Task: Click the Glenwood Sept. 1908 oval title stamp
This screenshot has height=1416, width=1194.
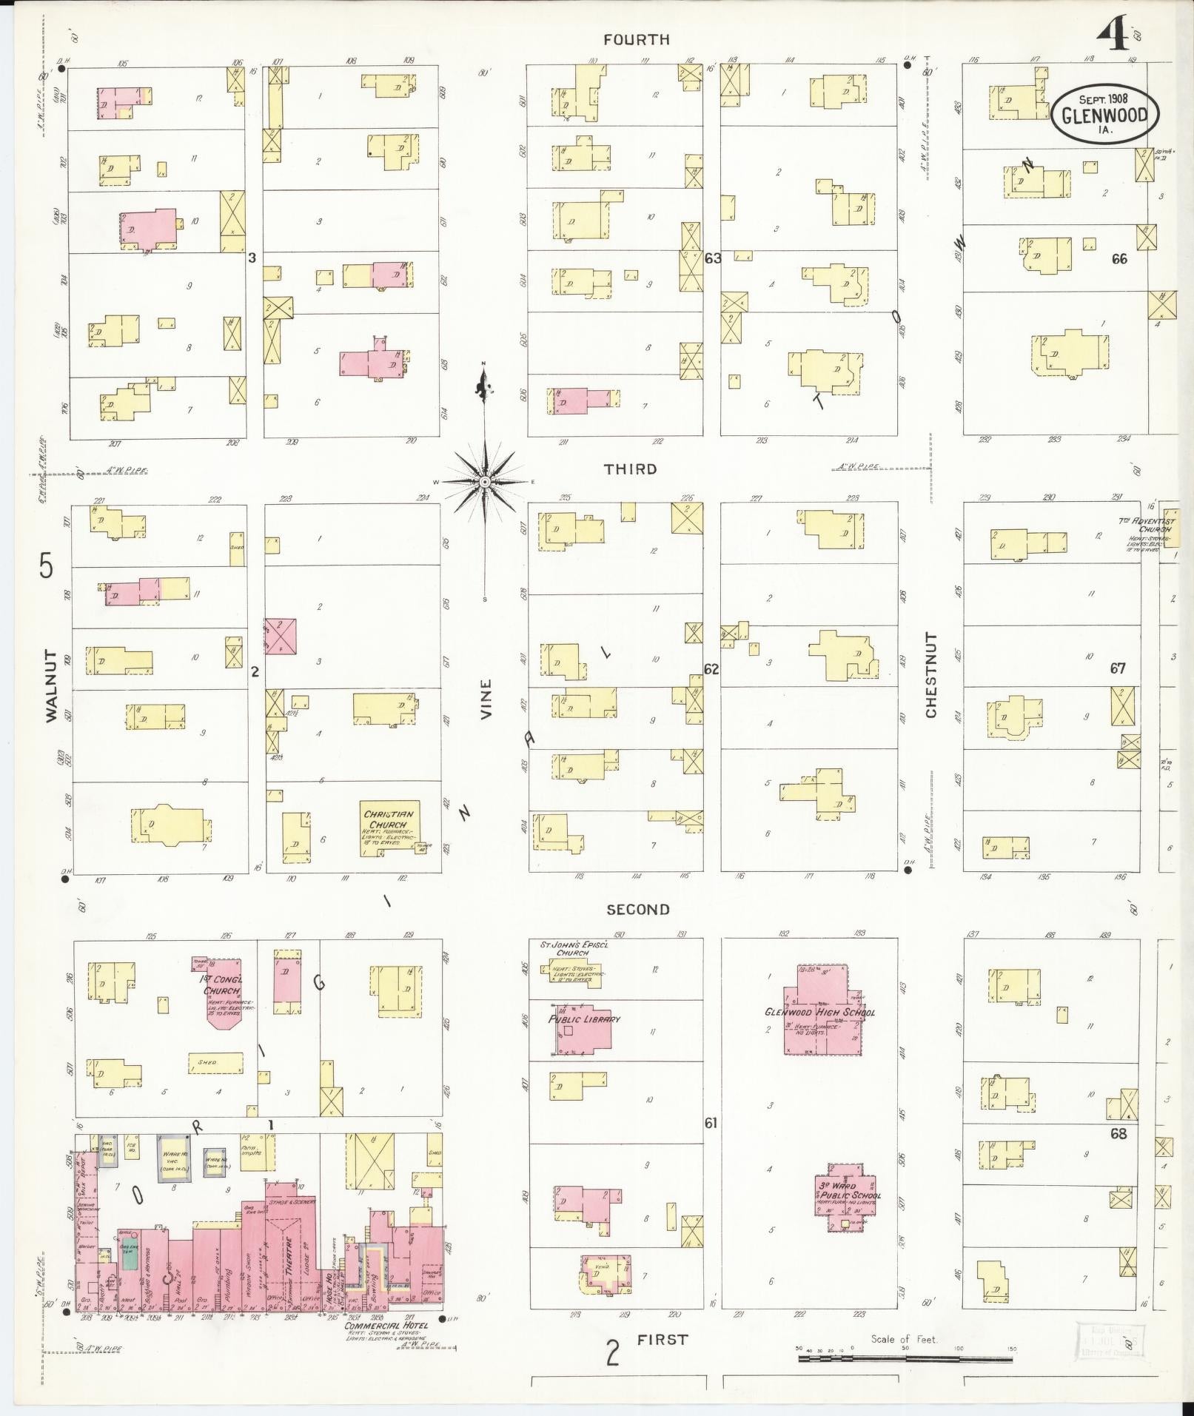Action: (x=1105, y=115)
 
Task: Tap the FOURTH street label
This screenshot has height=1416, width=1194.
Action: (x=636, y=40)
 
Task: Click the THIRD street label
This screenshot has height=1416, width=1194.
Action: (x=630, y=469)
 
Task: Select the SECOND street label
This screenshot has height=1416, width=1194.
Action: (x=637, y=909)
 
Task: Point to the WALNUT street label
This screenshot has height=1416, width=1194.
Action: (x=50, y=685)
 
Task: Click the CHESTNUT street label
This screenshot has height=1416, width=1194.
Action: (x=930, y=675)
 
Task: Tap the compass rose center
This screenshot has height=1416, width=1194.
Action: (x=484, y=482)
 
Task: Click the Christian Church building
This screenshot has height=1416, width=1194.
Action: (x=390, y=828)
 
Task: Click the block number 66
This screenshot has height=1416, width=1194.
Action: (x=1118, y=259)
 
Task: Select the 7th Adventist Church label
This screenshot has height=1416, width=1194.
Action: (x=1146, y=526)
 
